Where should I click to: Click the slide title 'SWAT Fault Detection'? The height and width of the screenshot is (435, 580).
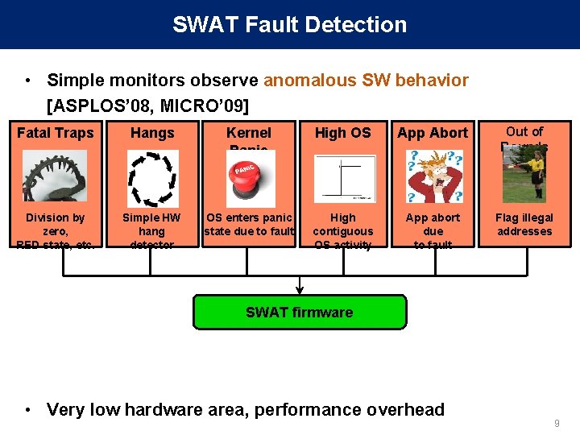(289, 24)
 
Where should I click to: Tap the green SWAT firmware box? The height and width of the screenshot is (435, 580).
(300, 312)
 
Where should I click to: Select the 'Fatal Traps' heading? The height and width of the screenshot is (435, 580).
(56, 133)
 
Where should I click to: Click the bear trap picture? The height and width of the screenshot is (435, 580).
(55, 176)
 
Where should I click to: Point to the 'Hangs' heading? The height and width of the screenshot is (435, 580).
(152, 133)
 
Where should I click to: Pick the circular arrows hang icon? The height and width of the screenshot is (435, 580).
(152, 178)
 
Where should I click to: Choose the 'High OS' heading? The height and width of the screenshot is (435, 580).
(342, 133)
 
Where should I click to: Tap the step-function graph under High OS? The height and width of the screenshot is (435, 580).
(344, 178)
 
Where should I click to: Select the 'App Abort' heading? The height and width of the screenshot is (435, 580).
(433, 133)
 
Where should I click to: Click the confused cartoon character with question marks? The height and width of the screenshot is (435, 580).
(433, 176)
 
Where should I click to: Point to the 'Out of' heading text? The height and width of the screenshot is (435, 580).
(524, 131)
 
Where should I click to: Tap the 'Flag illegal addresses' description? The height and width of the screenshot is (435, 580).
(524, 225)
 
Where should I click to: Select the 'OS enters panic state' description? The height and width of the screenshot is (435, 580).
(249, 225)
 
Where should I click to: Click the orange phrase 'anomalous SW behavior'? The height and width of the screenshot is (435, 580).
(366, 81)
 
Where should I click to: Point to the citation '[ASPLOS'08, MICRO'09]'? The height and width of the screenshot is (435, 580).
(147, 106)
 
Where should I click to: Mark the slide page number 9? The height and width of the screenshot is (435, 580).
(557, 423)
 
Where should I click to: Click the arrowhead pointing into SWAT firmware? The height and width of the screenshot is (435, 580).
(300, 290)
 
